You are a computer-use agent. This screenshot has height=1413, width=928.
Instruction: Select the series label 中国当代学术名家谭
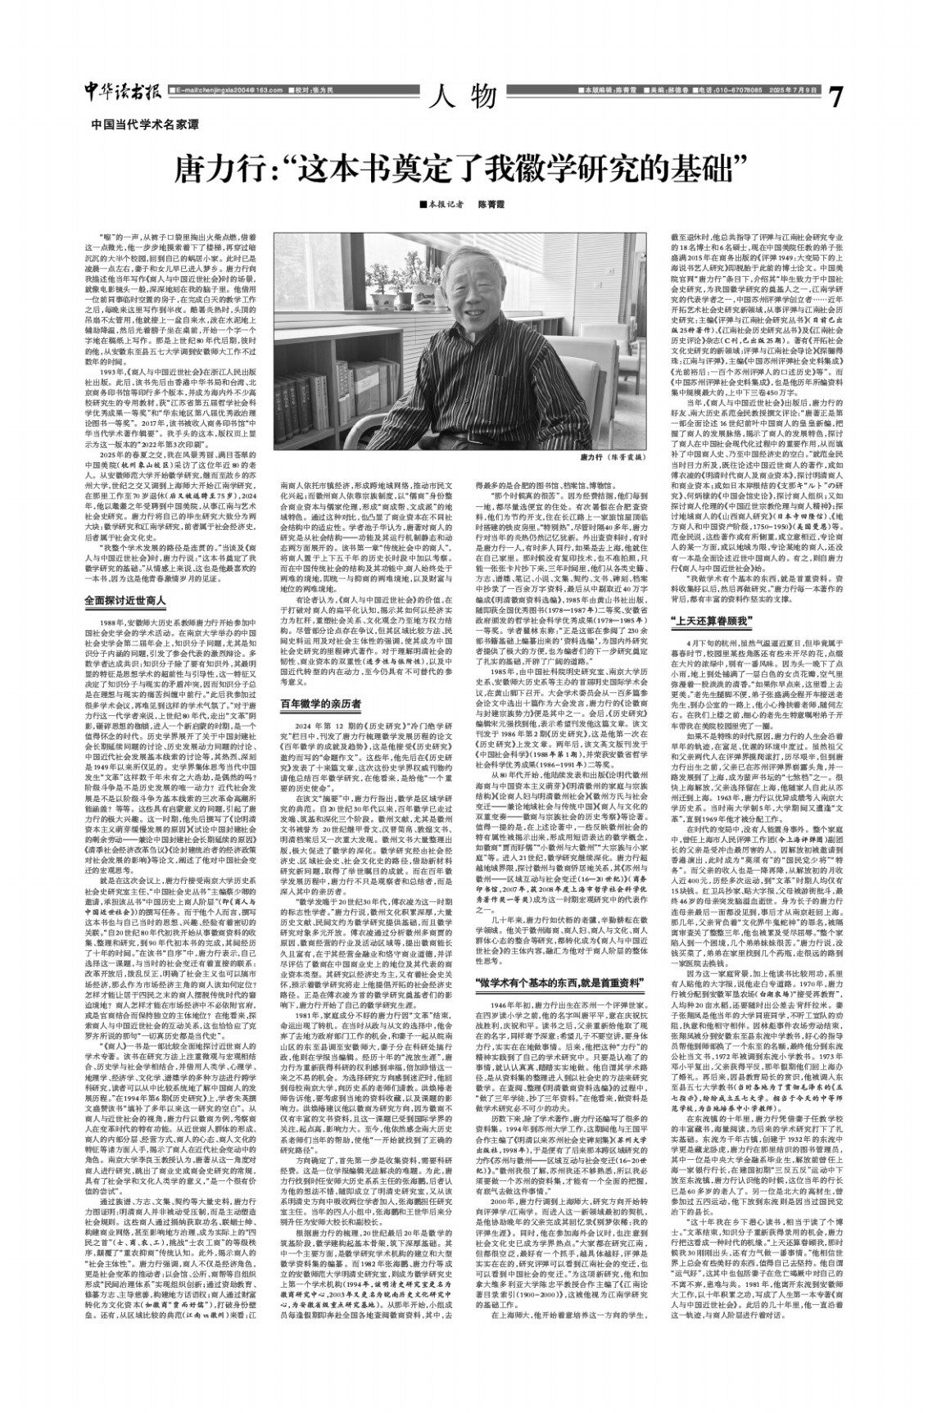(x=145, y=125)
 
